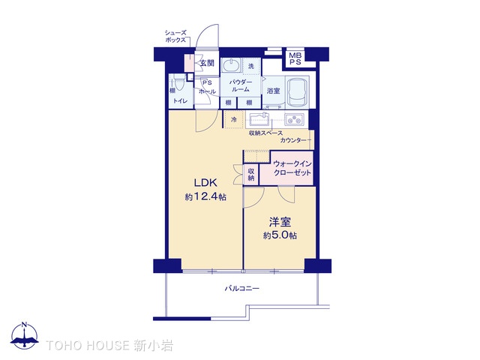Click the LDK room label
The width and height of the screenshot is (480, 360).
[x=205, y=183]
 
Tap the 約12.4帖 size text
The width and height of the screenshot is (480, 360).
[x=205, y=196]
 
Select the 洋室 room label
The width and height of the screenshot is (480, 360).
[x=280, y=222]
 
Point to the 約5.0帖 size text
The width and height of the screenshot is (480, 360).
[x=280, y=235]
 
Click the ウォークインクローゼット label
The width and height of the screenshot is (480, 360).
[x=292, y=168]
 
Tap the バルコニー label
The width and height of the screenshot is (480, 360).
[x=241, y=288]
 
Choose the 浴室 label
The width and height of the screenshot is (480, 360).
[x=273, y=91]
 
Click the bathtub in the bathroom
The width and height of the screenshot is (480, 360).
[x=297, y=91]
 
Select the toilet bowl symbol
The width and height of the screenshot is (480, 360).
[x=178, y=82]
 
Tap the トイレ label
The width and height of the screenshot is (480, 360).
[x=180, y=100]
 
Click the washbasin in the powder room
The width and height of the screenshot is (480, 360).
[x=231, y=65]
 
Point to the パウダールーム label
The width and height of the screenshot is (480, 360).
[x=241, y=85]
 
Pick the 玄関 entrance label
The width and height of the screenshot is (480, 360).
[x=207, y=63]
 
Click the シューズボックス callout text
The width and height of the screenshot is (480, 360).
[x=175, y=37]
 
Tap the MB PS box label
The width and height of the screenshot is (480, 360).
[x=295, y=58]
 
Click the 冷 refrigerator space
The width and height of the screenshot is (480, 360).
[x=234, y=119]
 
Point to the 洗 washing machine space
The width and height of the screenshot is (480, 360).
[x=251, y=66]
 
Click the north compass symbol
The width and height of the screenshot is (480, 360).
[x=25, y=335]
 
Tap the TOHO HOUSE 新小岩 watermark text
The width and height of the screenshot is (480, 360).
[x=109, y=346]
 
